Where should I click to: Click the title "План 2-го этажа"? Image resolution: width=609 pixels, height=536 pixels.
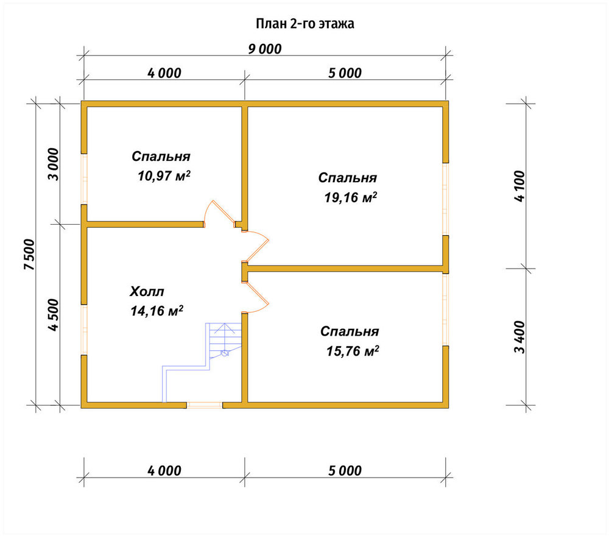(305, 24)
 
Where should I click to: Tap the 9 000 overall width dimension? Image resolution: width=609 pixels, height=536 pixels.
(265, 49)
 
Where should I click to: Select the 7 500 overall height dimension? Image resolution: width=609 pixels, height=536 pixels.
(29, 255)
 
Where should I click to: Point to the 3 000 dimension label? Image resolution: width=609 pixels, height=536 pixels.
(53, 164)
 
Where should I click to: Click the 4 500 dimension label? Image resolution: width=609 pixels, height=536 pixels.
(53, 315)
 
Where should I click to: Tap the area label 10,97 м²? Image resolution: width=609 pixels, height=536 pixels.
(164, 176)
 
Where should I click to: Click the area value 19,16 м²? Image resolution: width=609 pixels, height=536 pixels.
(351, 198)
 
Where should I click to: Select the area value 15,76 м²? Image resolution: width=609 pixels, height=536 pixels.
(353, 351)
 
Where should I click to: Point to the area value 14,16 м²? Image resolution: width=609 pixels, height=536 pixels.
(157, 311)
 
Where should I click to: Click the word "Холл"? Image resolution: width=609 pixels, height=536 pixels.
(147, 291)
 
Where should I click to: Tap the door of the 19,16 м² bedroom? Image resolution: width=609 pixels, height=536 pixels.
(256, 246)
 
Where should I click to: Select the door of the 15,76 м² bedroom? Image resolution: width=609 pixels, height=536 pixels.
(256, 297)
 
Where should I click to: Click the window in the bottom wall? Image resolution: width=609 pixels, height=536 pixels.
(204, 405)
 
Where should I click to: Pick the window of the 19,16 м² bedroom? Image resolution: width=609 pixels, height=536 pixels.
(446, 199)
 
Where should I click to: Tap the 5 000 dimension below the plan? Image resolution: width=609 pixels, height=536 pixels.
(345, 471)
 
